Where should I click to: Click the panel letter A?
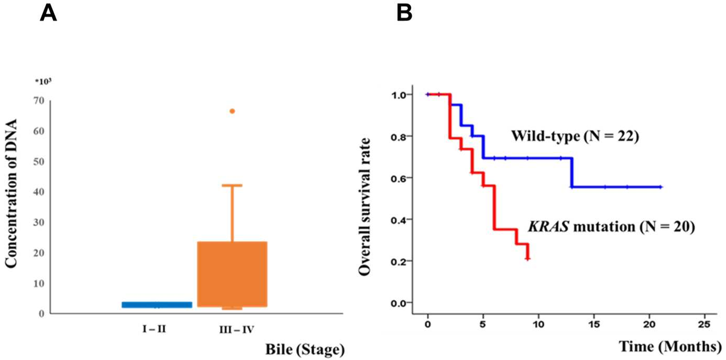pos(48,14)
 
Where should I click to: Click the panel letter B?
pos(404,14)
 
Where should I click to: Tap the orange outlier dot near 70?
pos(232,111)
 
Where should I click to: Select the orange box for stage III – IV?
pos(232,274)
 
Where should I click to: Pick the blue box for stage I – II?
pos(157,304)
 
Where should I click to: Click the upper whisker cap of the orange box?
pos(232,185)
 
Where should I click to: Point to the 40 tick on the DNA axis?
pos(39,192)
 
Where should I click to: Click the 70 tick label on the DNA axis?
pos(39,100)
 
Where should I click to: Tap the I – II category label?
pos(155,329)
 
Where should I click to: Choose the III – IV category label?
pos(237,330)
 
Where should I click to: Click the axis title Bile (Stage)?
pos(305,350)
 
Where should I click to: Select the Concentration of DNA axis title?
pos(12,194)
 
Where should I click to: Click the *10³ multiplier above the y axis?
pos(43,81)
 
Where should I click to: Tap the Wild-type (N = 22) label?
pos(575,136)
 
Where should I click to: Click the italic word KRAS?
pos(548,226)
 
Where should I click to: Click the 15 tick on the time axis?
pos(594,324)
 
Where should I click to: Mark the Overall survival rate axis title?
pos(365,207)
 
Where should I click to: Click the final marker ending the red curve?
pos(527,258)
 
